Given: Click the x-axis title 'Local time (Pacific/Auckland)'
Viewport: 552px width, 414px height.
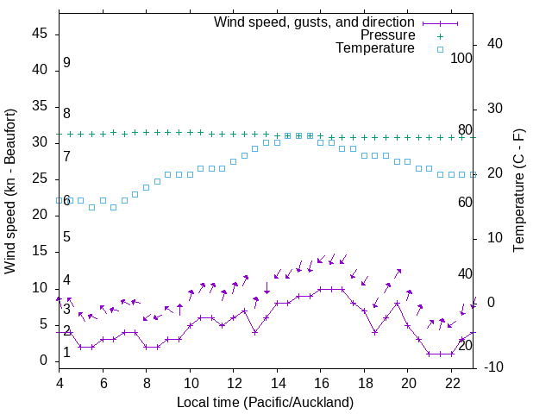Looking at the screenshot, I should tap(265, 402).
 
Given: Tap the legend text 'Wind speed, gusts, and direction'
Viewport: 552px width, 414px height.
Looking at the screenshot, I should tap(314, 22).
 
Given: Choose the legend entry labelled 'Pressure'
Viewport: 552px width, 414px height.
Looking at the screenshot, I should tap(387, 35).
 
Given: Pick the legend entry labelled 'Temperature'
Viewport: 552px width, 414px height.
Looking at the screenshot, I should tap(375, 48).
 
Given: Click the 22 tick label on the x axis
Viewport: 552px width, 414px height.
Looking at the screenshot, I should tap(451, 383).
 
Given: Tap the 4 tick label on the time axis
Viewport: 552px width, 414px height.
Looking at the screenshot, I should tap(60, 383).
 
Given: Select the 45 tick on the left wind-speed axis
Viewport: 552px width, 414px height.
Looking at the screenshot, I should tap(41, 33).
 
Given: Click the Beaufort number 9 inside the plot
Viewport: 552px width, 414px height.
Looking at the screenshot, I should tap(66, 63).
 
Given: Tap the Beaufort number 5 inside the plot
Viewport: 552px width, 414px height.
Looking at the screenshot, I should tap(66, 237).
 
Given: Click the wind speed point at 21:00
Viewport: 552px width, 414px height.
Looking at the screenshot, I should tap(430, 354).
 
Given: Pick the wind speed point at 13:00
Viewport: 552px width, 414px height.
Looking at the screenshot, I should tap(255, 332).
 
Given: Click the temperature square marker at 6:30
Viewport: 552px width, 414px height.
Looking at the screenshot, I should tap(114, 207).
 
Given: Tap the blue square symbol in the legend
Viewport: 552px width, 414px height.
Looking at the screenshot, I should tap(440, 49).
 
